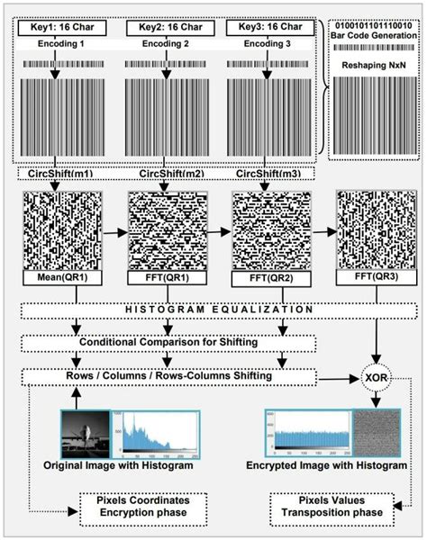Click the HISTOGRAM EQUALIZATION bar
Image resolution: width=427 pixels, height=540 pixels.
[x=219, y=310]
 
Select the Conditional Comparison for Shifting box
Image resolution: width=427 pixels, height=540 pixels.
[x=170, y=344]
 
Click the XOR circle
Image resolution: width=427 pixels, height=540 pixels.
[x=373, y=375]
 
